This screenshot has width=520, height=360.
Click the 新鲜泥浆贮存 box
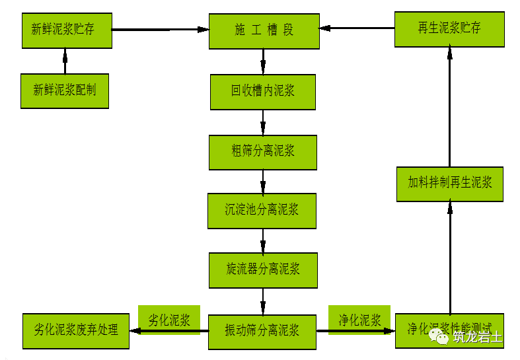click(67, 29)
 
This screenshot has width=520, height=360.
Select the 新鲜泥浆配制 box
click(65, 90)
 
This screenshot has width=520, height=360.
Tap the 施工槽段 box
click(264, 30)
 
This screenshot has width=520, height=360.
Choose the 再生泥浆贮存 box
click(449, 28)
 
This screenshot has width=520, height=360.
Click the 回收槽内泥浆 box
click(263, 91)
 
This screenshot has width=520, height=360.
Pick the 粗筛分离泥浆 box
click(263, 151)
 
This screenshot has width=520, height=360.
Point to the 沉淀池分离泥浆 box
click(262, 210)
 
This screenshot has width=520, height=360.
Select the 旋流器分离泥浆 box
click(263, 269)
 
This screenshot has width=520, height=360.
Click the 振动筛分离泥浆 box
click(262, 330)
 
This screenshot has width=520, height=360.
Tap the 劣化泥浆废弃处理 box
click(76, 329)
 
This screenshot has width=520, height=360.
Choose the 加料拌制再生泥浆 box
click(450, 183)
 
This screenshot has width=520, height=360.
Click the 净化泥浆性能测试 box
click(449, 330)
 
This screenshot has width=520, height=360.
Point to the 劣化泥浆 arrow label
click(168, 320)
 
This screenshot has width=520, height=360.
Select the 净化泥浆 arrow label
click(359, 320)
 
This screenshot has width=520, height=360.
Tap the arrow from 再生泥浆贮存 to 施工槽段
click(357, 28)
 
